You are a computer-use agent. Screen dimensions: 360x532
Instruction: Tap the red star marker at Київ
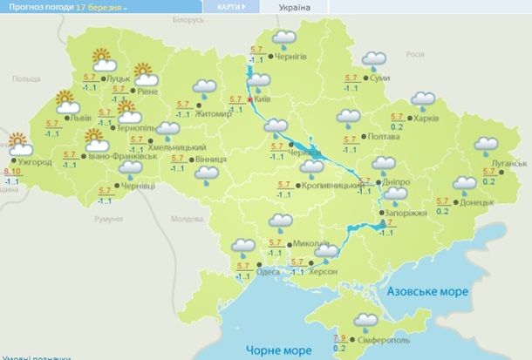coord(250,99)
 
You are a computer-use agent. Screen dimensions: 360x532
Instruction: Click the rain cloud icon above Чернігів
coord(283,39)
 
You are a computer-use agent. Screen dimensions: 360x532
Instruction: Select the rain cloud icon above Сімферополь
coord(366,320)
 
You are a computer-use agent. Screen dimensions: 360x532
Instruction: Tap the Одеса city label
coord(269,272)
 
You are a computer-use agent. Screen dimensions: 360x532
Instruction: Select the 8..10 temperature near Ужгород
coord(12,172)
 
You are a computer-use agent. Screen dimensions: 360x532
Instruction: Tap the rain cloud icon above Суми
coord(375,60)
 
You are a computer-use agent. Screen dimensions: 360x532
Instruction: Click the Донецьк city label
coord(478,201)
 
